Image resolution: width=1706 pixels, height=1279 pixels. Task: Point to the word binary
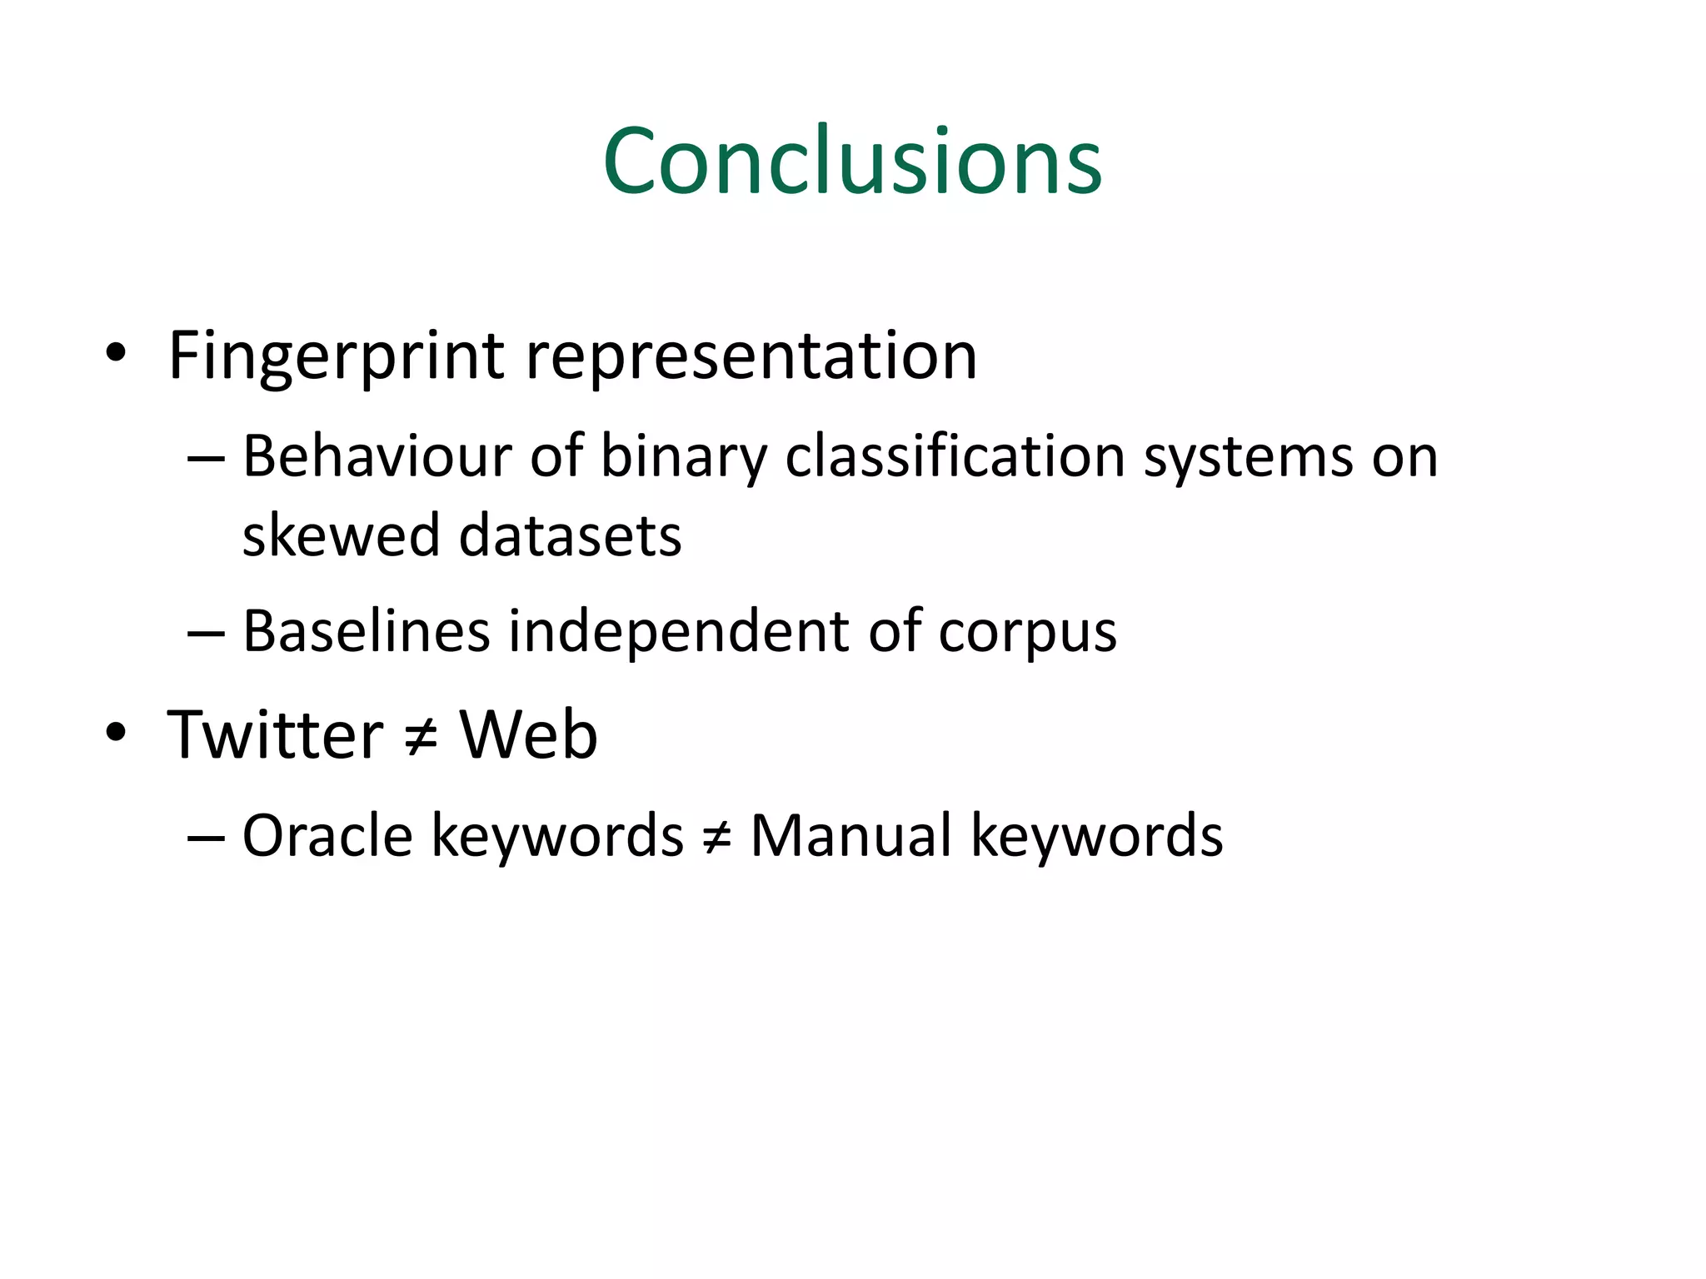coord(683,458)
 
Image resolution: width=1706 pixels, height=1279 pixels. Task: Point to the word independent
coord(679,631)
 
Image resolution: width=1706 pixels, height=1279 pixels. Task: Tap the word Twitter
coord(275,734)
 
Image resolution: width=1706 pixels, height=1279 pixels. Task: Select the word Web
coord(529,734)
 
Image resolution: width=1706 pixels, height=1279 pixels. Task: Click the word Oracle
coord(327,835)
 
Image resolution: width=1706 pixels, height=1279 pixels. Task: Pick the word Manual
coord(851,835)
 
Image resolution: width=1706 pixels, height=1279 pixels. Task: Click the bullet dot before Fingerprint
coord(116,354)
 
